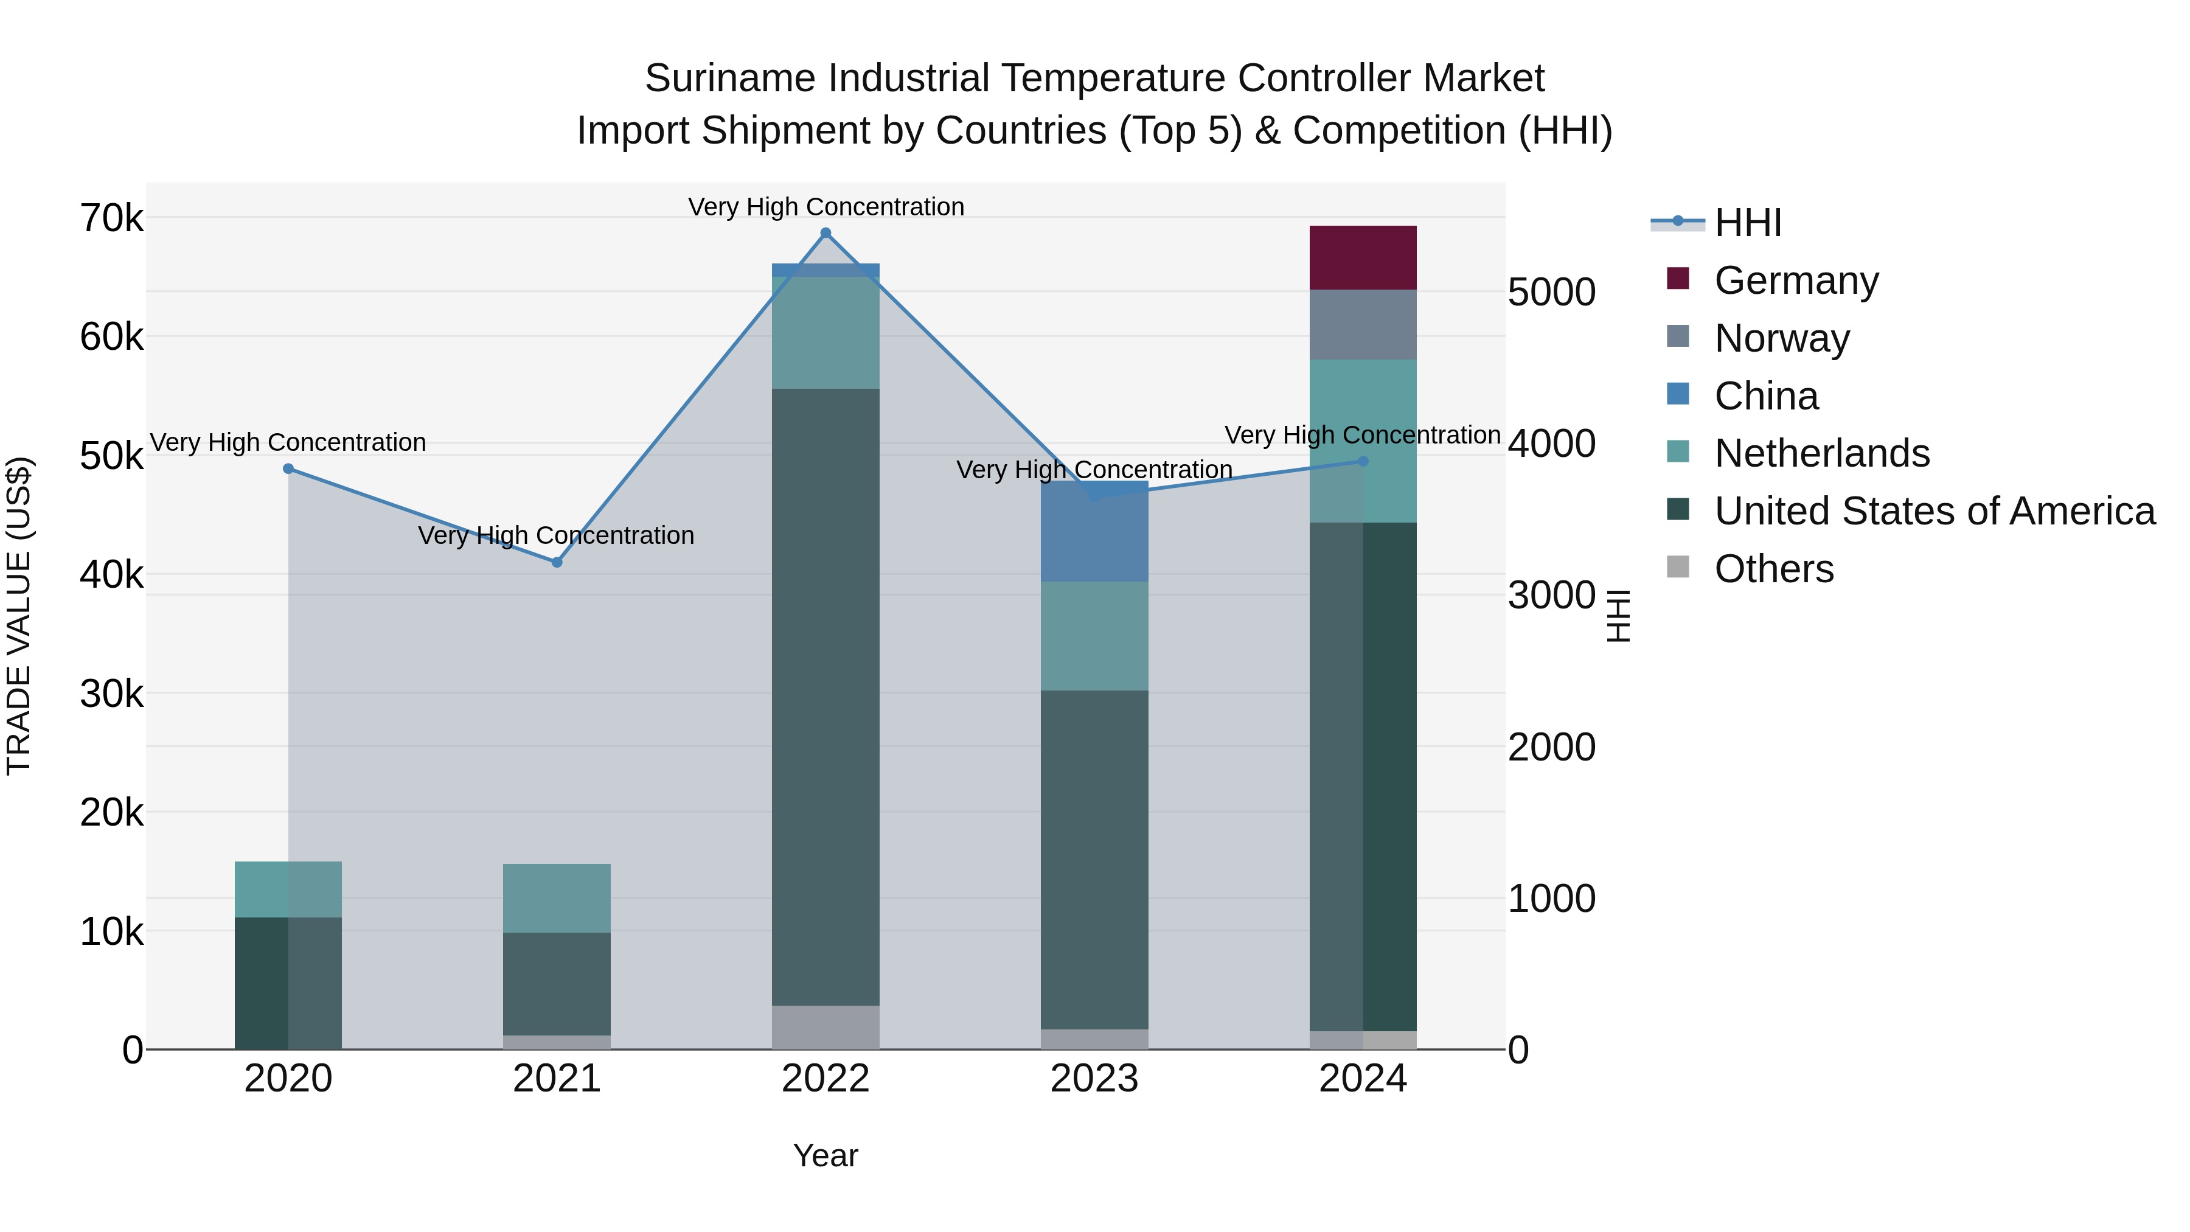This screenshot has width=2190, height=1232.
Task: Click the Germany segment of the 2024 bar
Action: coord(1362,257)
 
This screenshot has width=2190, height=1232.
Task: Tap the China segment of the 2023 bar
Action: coord(1094,531)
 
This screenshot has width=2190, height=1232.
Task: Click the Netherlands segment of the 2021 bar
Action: coord(557,898)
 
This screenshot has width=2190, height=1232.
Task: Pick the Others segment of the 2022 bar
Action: coord(826,1027)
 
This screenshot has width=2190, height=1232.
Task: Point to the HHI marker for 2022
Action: coord(826,233)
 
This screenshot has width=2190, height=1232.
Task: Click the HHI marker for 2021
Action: coord(557,562)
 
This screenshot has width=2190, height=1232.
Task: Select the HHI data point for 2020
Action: coord(288,468)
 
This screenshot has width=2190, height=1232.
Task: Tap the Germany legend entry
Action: coord(1796,280)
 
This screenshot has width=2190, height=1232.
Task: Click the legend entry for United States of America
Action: coord(1934,511)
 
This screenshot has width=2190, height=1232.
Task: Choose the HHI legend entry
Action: coord(1747,223)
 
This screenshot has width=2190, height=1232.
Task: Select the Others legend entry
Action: coord(1773,569)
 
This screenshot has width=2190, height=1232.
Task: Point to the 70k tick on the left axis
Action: coord(111,218)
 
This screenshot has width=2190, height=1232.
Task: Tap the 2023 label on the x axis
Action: coord(1094,1079)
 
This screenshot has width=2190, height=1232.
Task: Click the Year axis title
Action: coord(826,1155)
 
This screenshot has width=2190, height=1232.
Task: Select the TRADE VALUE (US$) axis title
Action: coord(19,616)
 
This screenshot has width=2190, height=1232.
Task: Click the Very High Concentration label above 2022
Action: coord(826,207)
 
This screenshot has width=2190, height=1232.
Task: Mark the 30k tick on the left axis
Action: coord(111,694)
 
